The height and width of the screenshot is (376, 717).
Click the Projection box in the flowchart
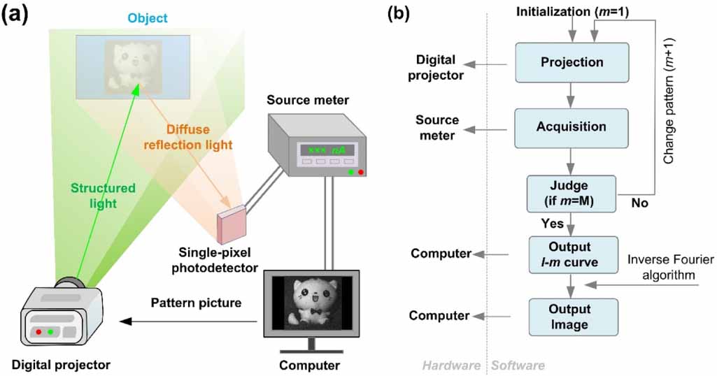pyautogui.click(x=572, y=62)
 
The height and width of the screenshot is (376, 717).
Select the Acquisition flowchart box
pyautogui.click(x=572, y=126)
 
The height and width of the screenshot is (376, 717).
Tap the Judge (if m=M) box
pyautogui.click(x=571, y=192)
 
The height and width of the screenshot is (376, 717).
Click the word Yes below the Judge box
pyautogui.click(x=552, y=224)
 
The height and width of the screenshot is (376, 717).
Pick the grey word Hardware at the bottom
pyautogui.click(x=451, y=366)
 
